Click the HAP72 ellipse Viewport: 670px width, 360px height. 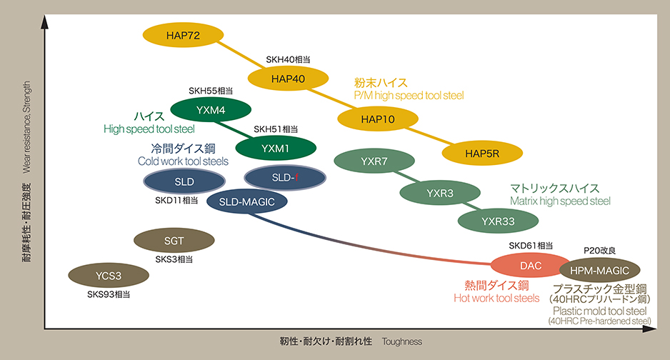(184, 34)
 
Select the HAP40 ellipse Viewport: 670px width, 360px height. (289, 79)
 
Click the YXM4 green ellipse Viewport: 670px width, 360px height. (211, 110)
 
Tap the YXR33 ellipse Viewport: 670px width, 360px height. (498, 221)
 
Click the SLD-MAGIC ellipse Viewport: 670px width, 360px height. (246, 202)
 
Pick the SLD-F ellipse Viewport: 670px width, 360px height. (285, 176)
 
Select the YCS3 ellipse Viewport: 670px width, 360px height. (109, 275)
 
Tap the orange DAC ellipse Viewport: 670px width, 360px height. (531, 266)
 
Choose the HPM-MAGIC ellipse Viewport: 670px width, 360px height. (599, 270)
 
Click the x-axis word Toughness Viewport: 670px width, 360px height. (402, 341)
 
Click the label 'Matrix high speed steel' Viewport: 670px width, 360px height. (560, 201)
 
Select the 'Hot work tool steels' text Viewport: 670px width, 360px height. (496, 298)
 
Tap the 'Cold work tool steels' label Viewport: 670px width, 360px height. (183, 161)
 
